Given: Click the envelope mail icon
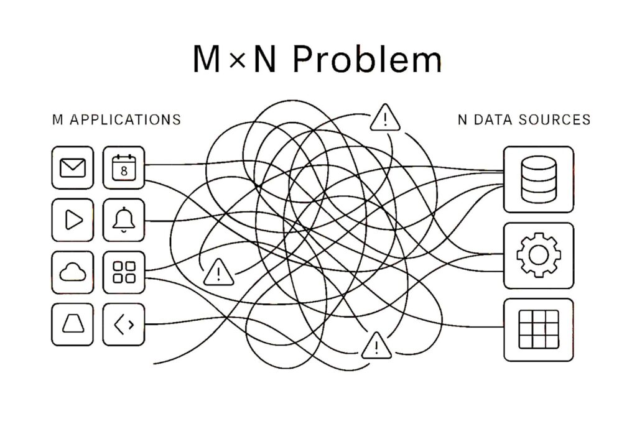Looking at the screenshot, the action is point(73,168).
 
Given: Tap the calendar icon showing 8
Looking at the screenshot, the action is point(124,168).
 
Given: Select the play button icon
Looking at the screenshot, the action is point(73,219).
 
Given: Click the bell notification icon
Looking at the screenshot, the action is point(124,219).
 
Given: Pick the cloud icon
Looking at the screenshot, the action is point(73,272).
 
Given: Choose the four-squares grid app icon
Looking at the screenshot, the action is point(124,272).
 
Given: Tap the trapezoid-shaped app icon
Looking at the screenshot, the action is point(73,325).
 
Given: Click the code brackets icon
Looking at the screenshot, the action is point(124,325).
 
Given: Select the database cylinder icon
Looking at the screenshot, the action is point(539,180).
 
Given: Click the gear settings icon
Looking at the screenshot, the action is point(539,256).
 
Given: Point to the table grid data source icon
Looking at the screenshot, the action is point(539,330).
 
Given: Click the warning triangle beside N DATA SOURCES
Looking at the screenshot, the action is point(385,118).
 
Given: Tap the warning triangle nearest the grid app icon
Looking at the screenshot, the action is point(218,272).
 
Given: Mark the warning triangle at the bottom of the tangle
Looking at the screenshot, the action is point(376,346).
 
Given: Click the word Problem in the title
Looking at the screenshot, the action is point(367,60).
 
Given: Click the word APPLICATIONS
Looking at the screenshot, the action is point(125,120).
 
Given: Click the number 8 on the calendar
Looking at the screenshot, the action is point(124,171).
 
